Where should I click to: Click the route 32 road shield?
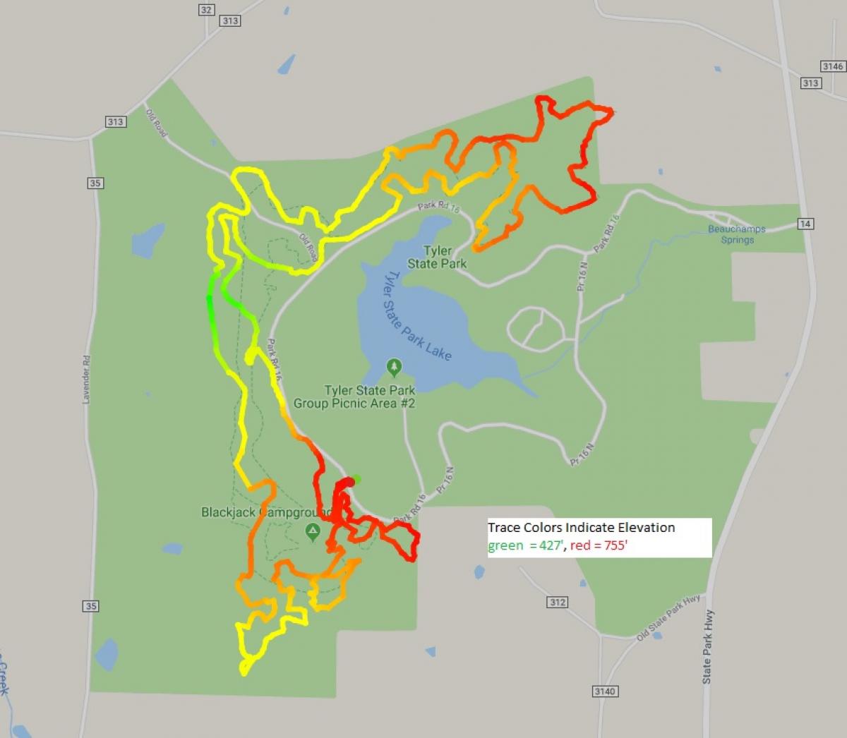coord(206,9)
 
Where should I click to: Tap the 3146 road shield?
coord(833,66)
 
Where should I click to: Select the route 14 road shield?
coord(805,224)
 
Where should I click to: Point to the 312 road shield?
coord(557,602)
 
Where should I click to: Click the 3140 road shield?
coord(605,691)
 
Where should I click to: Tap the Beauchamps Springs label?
coord(737,234)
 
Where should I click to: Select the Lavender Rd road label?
coord(87,380)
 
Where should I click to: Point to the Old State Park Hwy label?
coord(668,617)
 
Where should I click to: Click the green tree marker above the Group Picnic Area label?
coord(394,367)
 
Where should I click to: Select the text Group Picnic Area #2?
coord(354,404)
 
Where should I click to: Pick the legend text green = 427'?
coord(525,545)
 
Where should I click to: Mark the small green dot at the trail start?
coord(357,479)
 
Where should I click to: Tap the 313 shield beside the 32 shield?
coord(230,20)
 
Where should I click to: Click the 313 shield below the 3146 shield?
coord(810,83)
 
